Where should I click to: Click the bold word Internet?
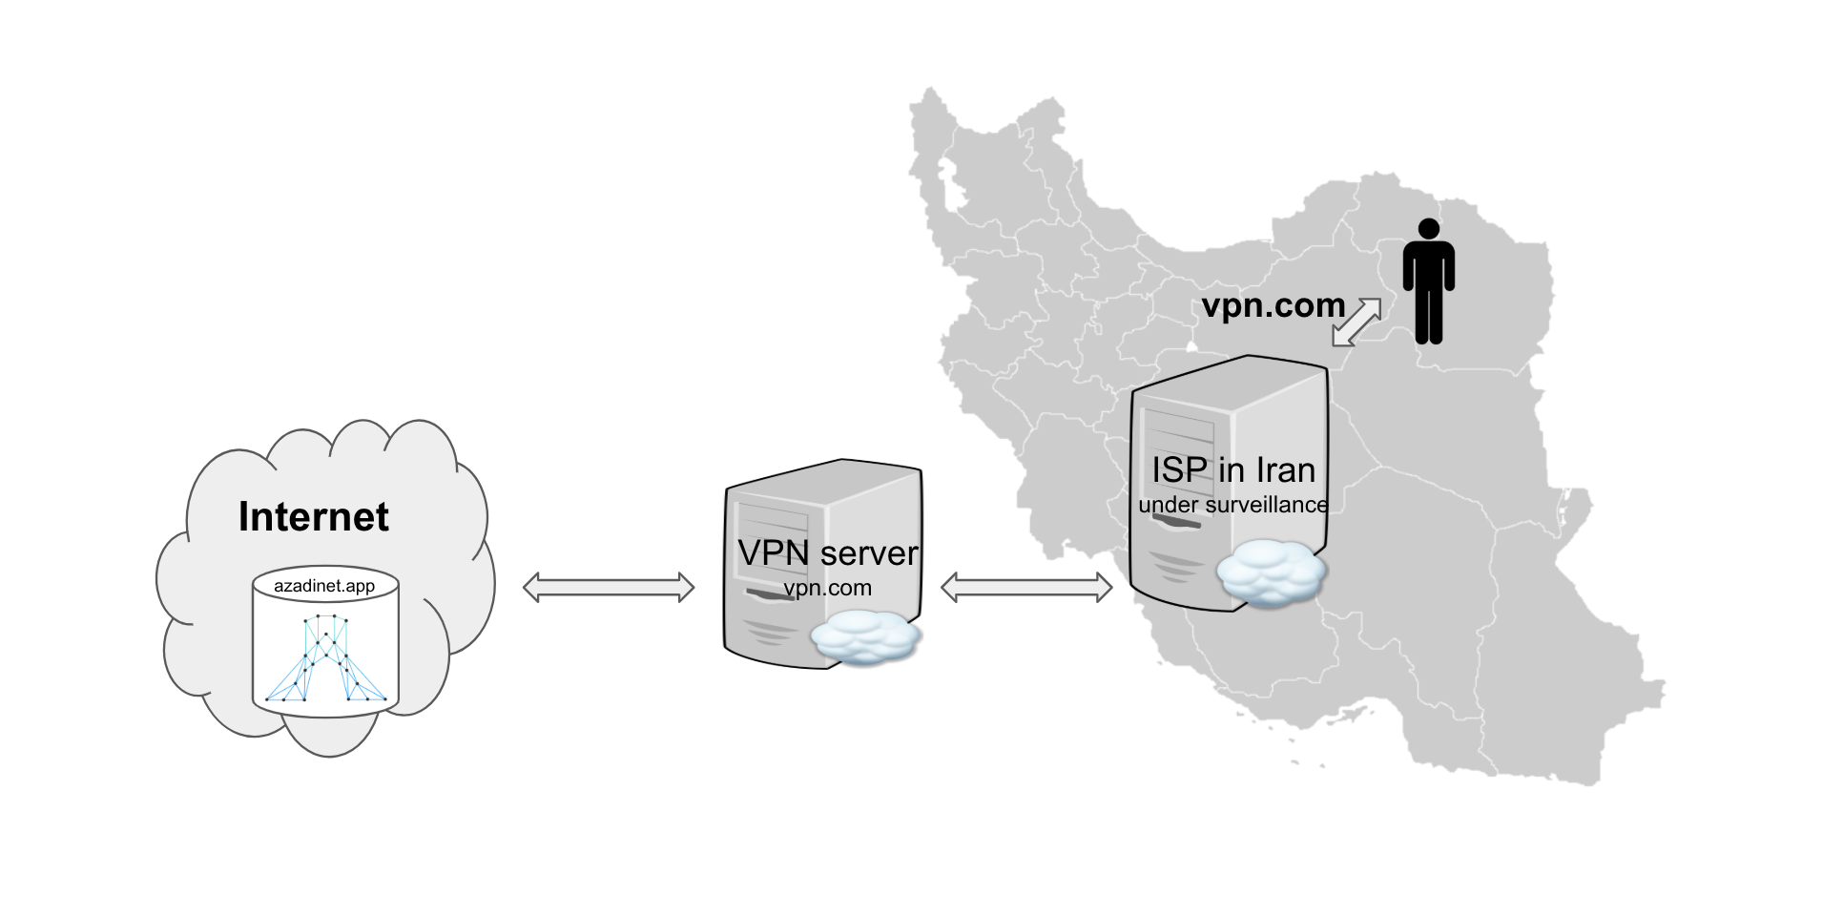[x=313, y=517]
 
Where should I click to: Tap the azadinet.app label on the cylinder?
[x=324, y=586]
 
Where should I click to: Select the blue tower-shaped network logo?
[x=325, y=658]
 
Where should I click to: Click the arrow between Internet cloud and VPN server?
[x=609, y=587]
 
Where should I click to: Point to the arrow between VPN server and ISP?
[x=1026, y=587]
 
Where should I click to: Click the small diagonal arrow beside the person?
[x=1356, y=322]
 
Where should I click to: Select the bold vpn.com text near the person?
[x=1273, y=305]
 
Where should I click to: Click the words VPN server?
[x=827, y=552]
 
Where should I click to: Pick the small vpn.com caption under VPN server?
[x=827, y=588]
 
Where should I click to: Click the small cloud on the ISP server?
[x=1271, y=572]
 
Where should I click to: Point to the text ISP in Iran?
[x=1232, y=470]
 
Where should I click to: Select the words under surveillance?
[x=1232, y=505]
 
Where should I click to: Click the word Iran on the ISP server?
[x=1285, y=470]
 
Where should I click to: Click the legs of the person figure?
[x=1428, y=315]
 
